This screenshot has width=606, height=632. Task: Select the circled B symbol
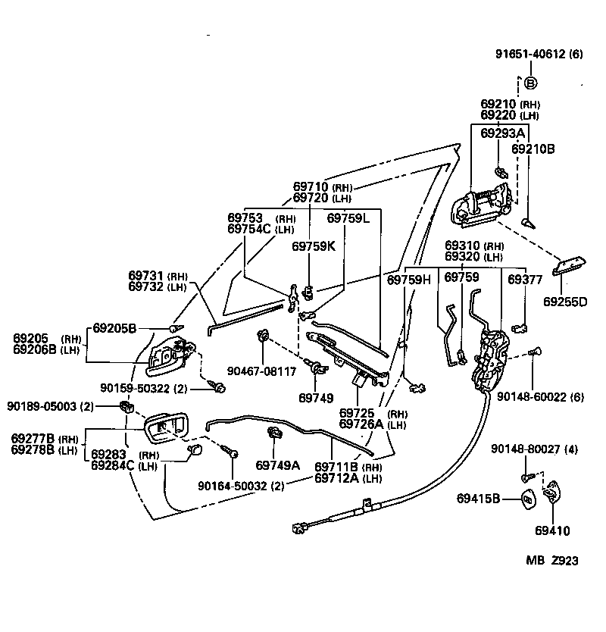530,83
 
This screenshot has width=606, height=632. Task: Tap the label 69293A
502,134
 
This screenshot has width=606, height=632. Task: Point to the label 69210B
533,149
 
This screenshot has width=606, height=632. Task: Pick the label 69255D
564,302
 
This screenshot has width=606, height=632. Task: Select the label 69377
525,280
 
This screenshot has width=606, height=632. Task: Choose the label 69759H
409,280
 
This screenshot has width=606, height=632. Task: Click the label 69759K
313,246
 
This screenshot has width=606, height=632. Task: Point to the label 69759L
348,217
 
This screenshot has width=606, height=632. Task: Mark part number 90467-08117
262,372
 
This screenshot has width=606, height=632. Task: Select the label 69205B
114,328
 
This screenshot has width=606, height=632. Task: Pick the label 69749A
277,465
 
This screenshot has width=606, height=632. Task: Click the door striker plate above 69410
553,494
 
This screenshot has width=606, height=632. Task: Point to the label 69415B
479,498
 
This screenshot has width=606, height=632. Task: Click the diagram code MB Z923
552,561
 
